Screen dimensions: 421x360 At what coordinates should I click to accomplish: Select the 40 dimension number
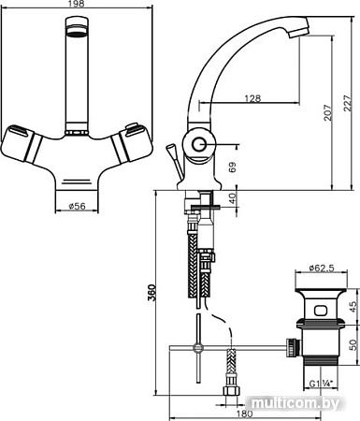click(232, 198)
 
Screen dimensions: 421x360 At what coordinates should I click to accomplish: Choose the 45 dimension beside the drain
click(352, 307)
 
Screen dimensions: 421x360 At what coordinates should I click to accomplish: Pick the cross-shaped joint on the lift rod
click(197, 347)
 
